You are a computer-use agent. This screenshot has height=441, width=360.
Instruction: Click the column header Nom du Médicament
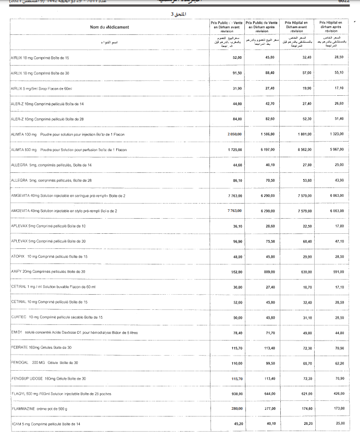click(109, 27)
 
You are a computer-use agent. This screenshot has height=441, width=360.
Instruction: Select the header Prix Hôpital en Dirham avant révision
click(296, 27)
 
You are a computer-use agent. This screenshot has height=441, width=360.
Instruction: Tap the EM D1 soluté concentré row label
click(74, 332)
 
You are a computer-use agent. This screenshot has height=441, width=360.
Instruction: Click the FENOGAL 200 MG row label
click(44, 362)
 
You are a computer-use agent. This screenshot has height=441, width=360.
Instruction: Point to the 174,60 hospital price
click(306, 409)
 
